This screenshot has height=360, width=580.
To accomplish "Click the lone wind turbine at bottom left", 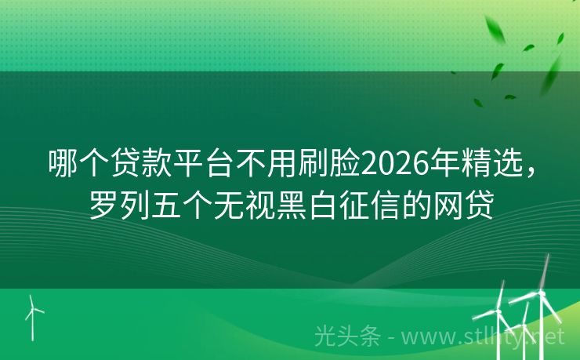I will click(33, 313).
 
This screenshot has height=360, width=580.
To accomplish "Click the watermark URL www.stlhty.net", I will click(485, 336).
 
